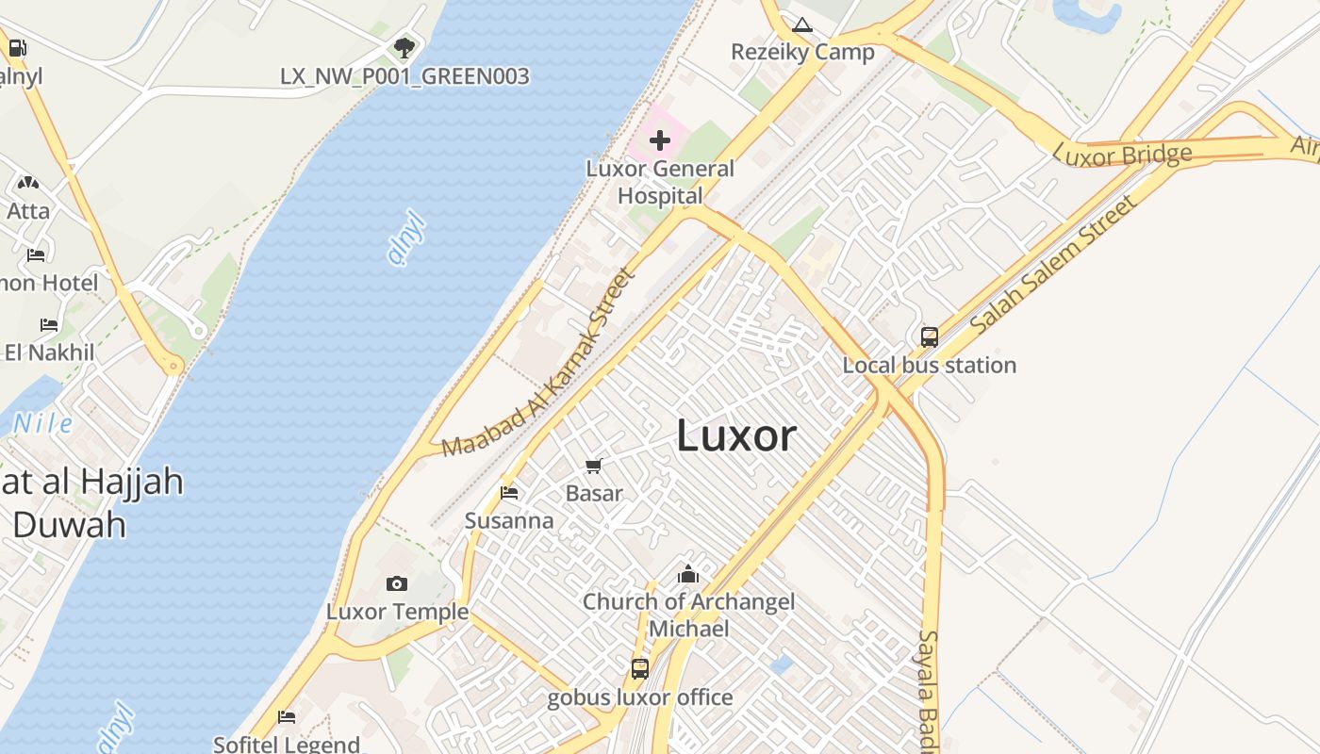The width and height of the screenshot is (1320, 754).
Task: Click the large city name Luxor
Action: (x=736, y=435)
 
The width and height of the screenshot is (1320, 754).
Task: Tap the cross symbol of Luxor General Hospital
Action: (x=659, y=141)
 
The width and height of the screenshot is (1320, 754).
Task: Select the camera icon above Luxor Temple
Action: (x=397, y=584)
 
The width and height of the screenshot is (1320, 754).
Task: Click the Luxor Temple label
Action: (x=397, y=612)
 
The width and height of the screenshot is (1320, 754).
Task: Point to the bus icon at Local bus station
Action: (x=929, y=336)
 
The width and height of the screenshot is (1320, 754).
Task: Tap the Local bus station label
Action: (x=929, y=366)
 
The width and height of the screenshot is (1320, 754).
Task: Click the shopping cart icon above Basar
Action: (x=594, y=466)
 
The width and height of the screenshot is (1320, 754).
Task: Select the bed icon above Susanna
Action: (x=509, y=493)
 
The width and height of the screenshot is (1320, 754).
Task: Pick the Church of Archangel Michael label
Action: (x=688, y=615)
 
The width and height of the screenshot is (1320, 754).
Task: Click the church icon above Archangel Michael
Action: (x=688, y=574)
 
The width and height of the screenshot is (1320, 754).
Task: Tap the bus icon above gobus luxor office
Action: (x=640, y=668)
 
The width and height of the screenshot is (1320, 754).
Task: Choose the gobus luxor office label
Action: (x=640, y=697)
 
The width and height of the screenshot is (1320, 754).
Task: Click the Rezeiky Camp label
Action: (x=802, y=52)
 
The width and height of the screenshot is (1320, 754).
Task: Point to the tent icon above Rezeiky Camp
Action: (x=802, y=25)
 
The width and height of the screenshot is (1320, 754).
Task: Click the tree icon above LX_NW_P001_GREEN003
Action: (x=404, y=46)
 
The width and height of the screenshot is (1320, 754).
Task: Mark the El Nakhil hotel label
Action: (x=49, y=352)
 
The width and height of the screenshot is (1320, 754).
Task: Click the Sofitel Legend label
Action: (x=286, y=744)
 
